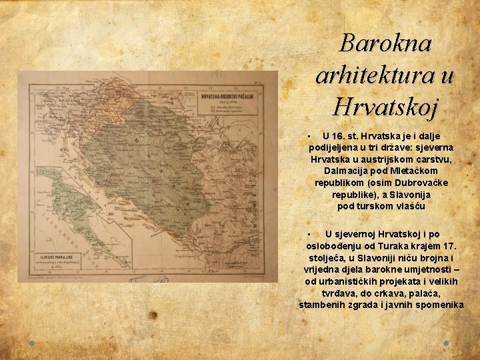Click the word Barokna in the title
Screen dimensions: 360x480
pyautogui.click(x=385, y=43)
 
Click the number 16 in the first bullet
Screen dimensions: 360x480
pyautogui.click(x=338, y=136)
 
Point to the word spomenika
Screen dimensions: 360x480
pyautogui.click(x=437, y=305)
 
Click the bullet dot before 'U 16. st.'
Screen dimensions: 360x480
pyautogui.click(x=310, y=136)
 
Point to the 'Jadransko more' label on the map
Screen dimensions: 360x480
pyautogui.click(x=48, y=220)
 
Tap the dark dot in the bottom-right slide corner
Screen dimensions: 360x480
pyautogui.click(x=446, y=343)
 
